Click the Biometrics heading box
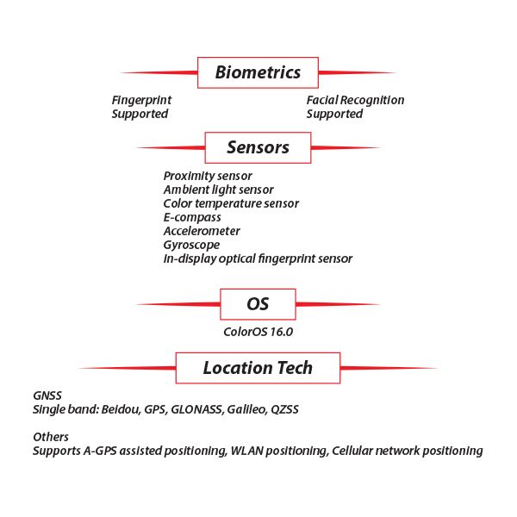pos(258,72)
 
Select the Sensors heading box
pos(258,147)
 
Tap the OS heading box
pos(258,304)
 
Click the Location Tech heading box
pos(258,368)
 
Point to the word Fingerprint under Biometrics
pos(141,100)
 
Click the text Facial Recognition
pos(355,100)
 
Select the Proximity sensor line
pos(208,176)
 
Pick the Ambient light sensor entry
pos(218,190)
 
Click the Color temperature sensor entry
pos(231,203)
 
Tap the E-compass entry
pos(192,217)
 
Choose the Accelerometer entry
pos(202,231)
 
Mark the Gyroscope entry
pos(191,245)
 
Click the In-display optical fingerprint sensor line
pos(258,258)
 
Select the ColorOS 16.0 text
pos(258,331)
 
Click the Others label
pos(51,437)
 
